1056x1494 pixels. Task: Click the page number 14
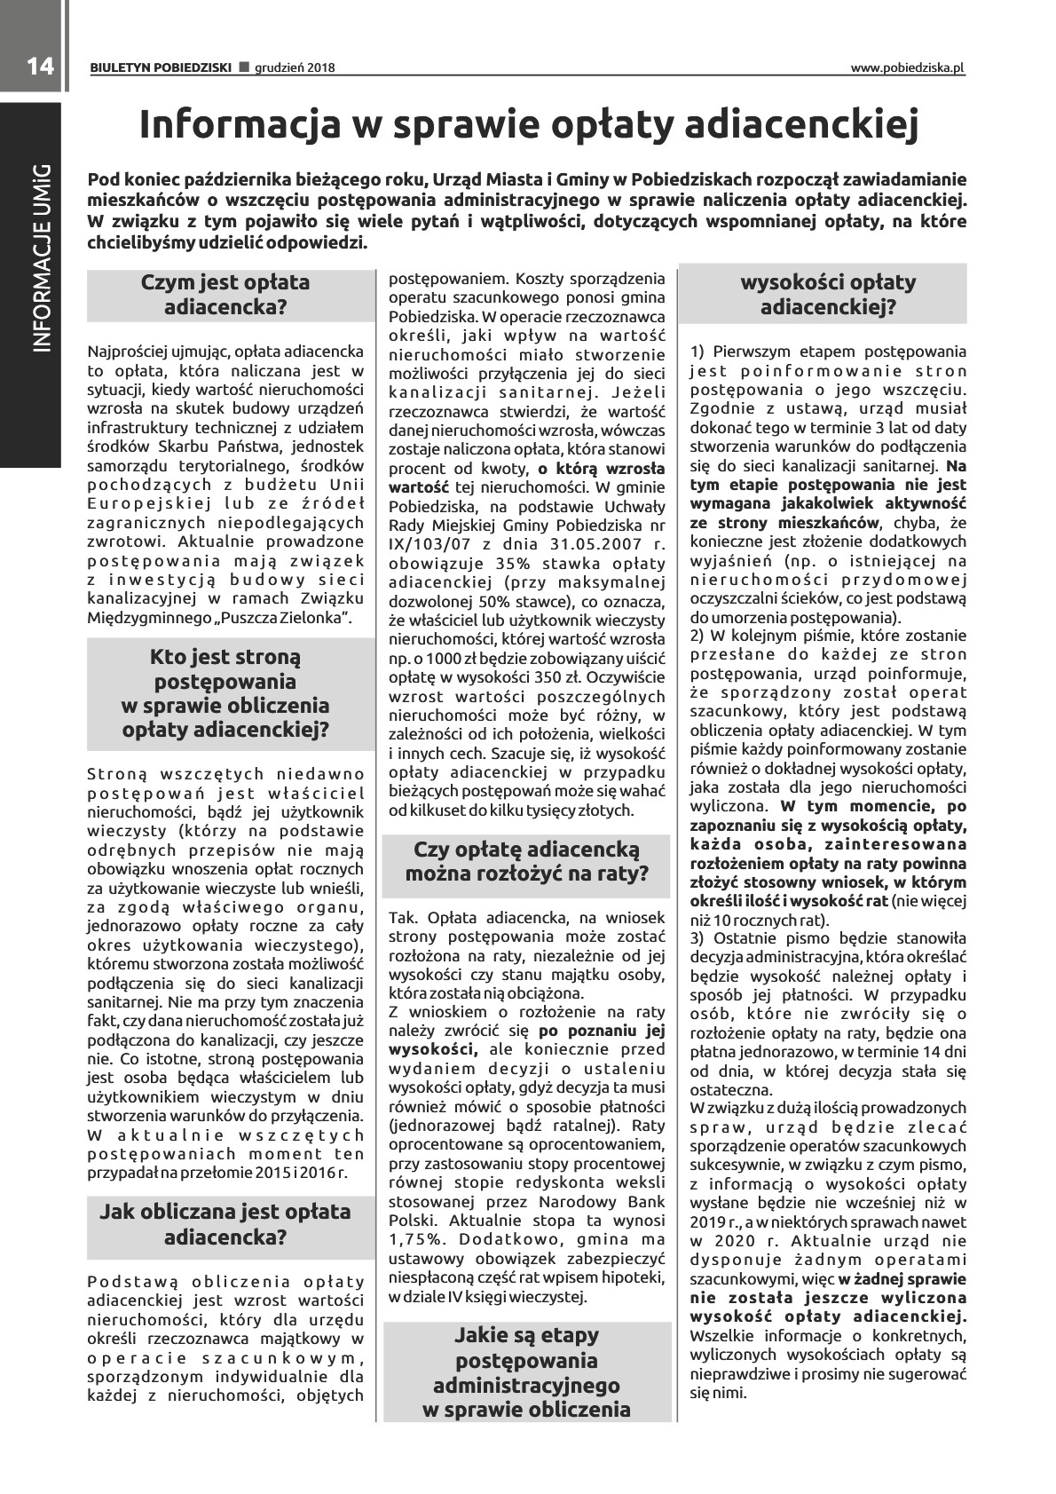[x=40, y=67]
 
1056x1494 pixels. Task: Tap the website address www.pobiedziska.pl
[x=907, y=67]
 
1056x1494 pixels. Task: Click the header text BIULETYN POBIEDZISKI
[x=161, y=67]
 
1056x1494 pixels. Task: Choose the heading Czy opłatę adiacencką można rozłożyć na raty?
[x=527, y=861]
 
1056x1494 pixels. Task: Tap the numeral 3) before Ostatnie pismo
[x=697, y=938]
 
